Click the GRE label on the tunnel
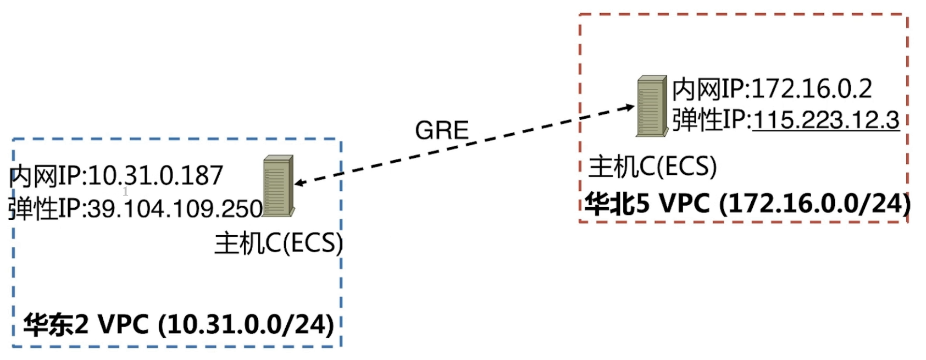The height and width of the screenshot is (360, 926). tap(442, 130)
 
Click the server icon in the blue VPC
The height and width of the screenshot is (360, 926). tap(278, 186)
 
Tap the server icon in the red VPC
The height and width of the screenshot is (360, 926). tap(652, 106)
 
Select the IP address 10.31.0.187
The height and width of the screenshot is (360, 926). tap(156, 176)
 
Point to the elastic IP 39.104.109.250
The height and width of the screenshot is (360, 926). tap(175, 209)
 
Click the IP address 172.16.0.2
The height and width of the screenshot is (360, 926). tap(811, 89)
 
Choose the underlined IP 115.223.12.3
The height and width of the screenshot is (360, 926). tap(825, 120)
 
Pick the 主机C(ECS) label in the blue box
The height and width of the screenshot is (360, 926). tap(279, 242)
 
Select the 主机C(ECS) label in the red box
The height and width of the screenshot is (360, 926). tap(652, 167)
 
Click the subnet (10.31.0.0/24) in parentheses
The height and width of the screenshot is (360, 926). tap(246, 324)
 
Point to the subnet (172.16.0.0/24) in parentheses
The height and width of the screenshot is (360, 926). tap(814, 204)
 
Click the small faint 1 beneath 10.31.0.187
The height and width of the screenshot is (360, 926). tap(125, 191)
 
